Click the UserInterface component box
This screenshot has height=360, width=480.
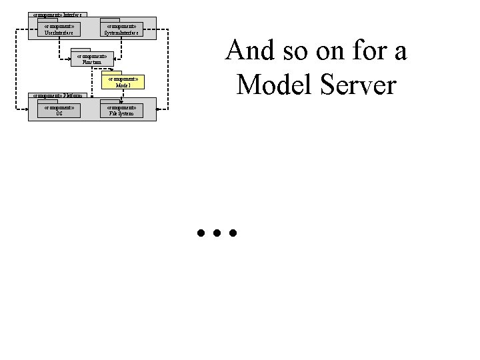59,29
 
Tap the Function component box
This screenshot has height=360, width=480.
92,59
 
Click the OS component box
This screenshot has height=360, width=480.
59,110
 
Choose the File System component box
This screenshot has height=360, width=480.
121,110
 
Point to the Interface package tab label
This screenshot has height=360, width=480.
59,14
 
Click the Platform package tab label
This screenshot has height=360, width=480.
58,95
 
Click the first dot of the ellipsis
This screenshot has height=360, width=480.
201,234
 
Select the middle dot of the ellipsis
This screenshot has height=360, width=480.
217,234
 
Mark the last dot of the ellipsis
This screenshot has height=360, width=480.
233,234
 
